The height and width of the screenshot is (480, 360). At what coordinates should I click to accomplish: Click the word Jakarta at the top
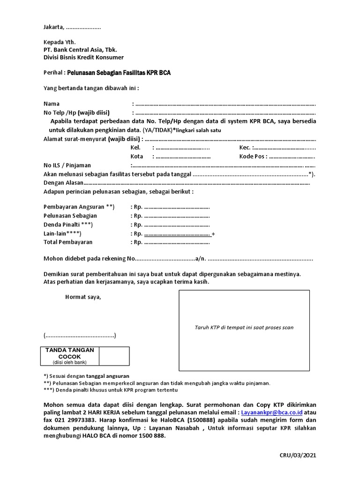coord(53,27)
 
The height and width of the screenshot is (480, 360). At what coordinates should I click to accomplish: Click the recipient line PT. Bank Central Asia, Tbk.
coord(80,50)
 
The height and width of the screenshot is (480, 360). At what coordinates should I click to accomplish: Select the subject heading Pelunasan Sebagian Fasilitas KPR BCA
coord(119,73)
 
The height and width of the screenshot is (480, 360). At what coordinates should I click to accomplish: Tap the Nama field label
coord(52,104)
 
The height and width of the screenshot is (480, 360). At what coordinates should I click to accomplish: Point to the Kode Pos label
coord(253,157)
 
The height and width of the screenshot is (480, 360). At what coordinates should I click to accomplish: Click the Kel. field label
coord(135,148)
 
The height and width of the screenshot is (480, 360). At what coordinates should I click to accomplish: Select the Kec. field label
coord(245,148)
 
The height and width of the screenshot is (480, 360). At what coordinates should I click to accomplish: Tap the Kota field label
coord(137,157)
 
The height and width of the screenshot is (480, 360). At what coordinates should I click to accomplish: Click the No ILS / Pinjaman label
coord(67,165)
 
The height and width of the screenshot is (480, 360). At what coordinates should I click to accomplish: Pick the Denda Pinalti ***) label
coord(68,225)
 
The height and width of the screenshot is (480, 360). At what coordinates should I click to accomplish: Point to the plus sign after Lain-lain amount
coord(214,233)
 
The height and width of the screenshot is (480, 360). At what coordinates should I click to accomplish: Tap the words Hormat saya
coord(83,297)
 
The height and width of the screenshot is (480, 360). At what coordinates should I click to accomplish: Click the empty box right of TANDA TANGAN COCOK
coord(114,356)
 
